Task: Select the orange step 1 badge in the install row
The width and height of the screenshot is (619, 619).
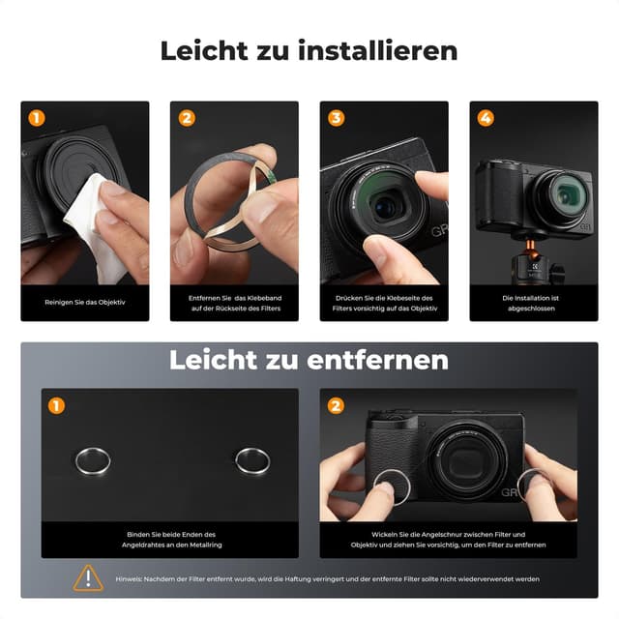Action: pyautogui.click(x=37, y=118)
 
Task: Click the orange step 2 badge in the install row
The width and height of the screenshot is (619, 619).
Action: pyautogui.click(x=187, y=118)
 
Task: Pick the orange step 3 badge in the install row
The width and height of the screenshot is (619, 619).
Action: pyautogui.click(x=337, y=118)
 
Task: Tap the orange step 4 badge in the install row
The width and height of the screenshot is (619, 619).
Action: pyautogui.click(x=486, y=118)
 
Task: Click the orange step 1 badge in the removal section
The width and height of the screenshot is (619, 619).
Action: pyautogui.click(x=57, y=405)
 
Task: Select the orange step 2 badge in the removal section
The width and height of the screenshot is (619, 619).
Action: pyautogui.click(x=336, y=405)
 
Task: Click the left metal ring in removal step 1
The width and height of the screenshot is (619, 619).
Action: pyautogui.click(x=92, y=460)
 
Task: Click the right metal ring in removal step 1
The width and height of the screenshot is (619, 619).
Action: pyautogui.click(x=252, y=459)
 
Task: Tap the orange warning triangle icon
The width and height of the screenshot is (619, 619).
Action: pyautogui.click(x=88, y=577)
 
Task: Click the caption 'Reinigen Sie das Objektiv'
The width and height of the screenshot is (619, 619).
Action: pyautogui.click(x=85, y=302)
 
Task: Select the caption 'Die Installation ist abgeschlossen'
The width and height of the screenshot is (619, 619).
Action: pyautogui.click(x=532, y=305)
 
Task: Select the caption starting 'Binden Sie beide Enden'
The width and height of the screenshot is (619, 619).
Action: pyautogui.click(x=171, y=540)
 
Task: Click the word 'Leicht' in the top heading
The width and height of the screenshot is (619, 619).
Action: pyautogui.click(x=204, y=50)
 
